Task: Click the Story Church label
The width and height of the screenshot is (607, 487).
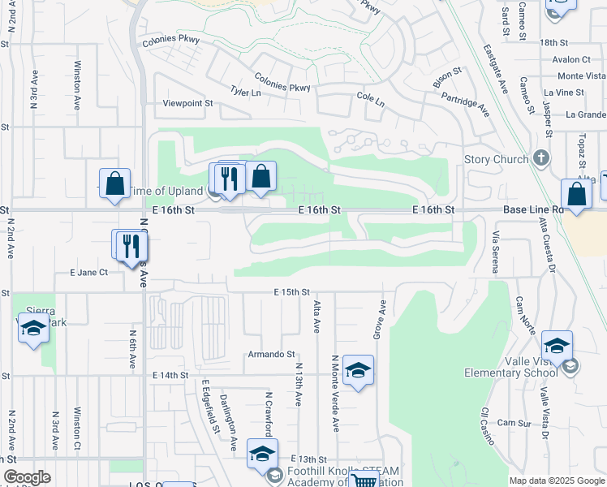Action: [x=496, y=159]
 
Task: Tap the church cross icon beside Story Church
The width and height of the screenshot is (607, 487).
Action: [x=543, y=159]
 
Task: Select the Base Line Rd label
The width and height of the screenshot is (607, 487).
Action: [x=532, y=209]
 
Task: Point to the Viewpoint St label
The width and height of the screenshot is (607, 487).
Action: [x=187, y=104]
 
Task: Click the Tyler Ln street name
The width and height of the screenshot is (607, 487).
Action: [x=246, y=93]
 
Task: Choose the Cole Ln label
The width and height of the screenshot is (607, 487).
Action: [x=370, y=97]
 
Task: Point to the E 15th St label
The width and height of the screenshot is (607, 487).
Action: [x=292, y=291]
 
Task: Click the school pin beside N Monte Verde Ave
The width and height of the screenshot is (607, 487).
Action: [x=358, y=371]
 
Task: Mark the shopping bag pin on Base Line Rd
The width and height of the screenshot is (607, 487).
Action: [x=576, y=195]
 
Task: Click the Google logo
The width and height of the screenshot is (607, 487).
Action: [x=27, y=477]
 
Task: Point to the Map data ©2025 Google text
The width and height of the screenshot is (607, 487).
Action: [x=556, y=481]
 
